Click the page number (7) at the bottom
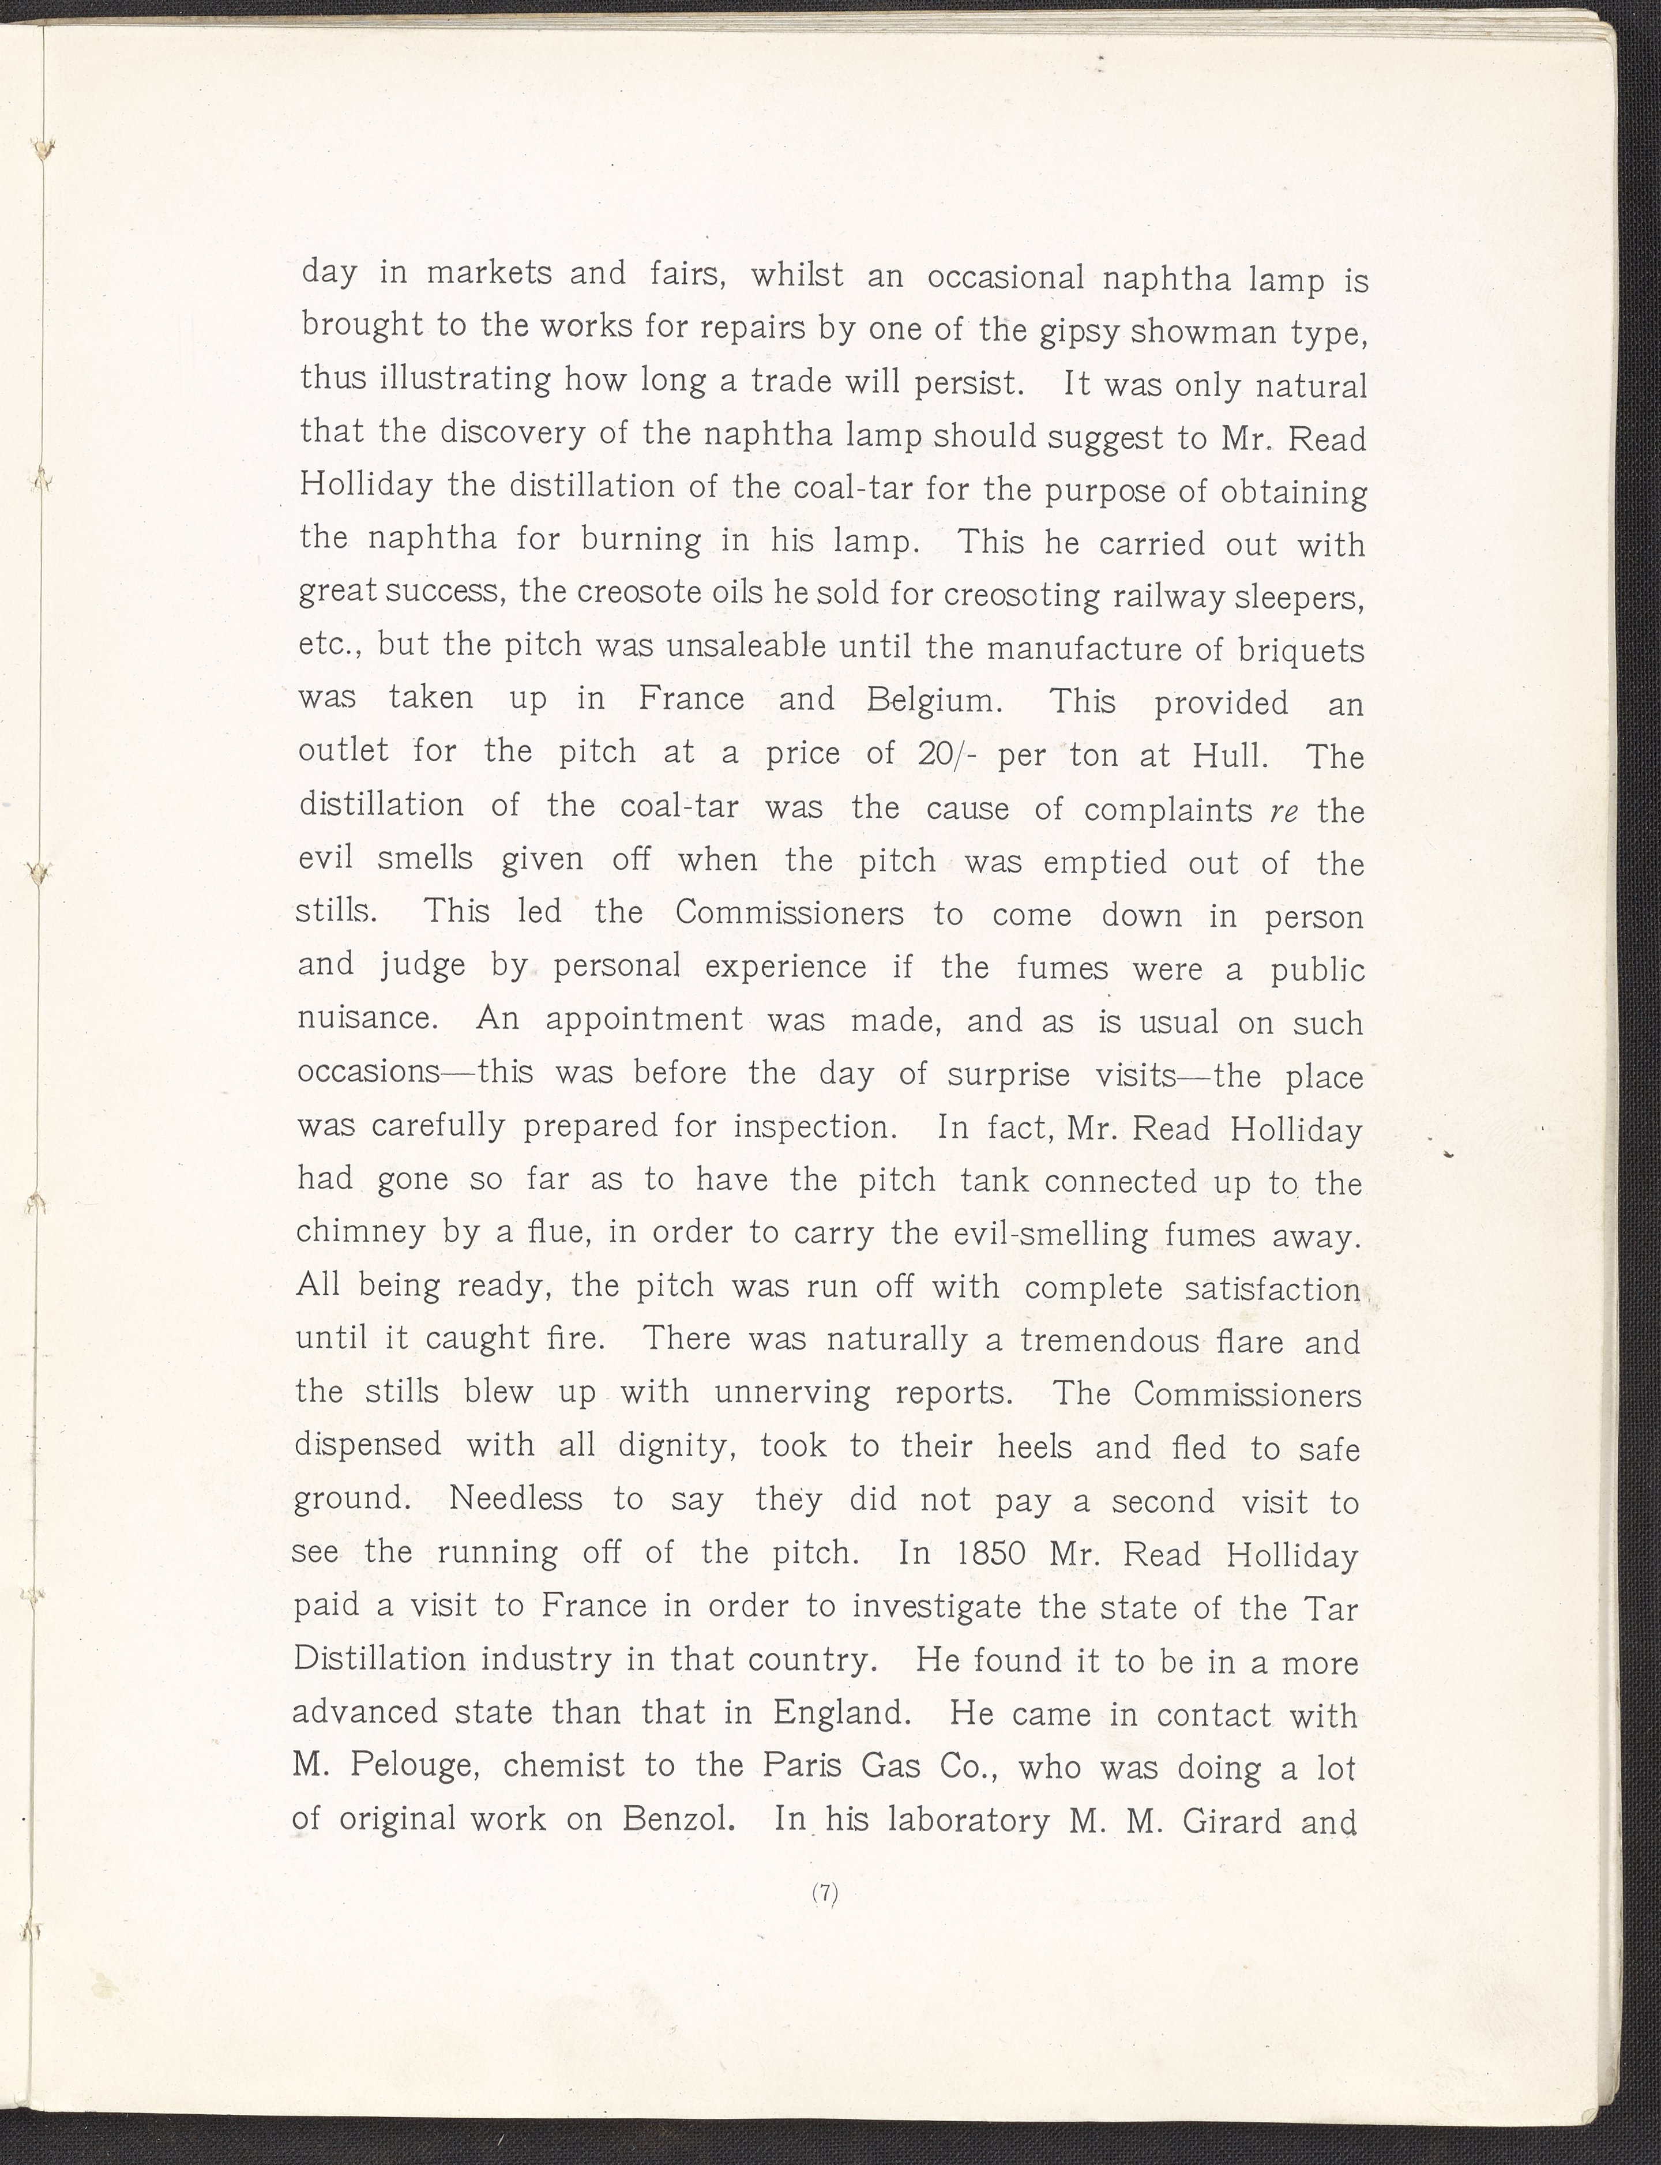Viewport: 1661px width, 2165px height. click(x=825, y=1893)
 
